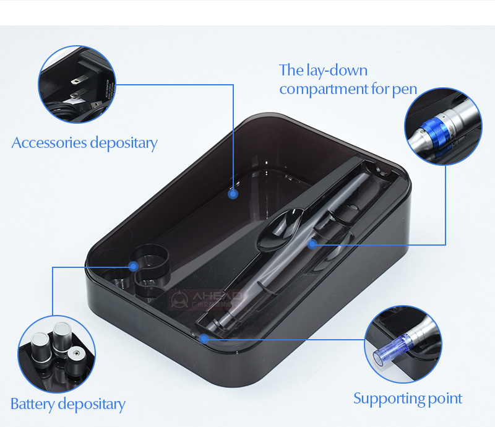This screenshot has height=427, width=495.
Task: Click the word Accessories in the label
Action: click(49, 143)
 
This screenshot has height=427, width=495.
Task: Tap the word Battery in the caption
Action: click(32, 405)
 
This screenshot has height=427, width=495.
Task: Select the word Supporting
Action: click(387, 398)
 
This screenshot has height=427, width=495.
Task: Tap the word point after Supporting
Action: click(443, 399)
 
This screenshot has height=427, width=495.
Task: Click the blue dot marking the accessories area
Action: click(233, 194)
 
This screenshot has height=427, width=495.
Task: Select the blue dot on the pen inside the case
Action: click(312, 244)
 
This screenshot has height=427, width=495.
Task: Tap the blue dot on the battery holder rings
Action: click(133, 266)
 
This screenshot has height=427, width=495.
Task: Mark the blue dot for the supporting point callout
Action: click(204, 338)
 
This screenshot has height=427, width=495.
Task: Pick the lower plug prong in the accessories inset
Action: click(77, 95)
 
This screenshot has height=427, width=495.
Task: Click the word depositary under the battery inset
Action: click(91, 405)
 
